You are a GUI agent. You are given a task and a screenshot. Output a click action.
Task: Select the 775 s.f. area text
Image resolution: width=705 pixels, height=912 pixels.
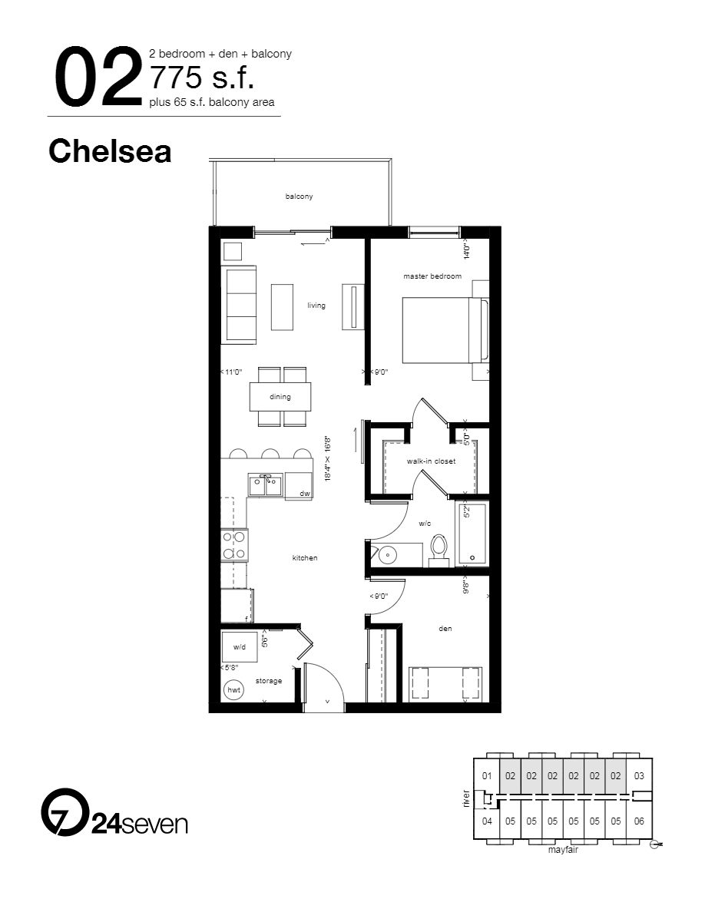click(x=202, y=78)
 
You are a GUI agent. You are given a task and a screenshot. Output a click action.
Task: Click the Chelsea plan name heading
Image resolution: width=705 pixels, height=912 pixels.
click(x=109, y=151)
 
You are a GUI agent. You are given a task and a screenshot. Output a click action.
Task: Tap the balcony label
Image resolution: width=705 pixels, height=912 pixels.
click(x=299, y=197)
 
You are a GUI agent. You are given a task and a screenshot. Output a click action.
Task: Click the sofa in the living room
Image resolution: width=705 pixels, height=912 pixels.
click(x=239, y=305)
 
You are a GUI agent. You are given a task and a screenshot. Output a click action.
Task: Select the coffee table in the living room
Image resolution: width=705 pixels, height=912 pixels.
click(x=282, y=306)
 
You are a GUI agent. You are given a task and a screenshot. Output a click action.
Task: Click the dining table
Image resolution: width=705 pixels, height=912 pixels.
click(x=280, y=397)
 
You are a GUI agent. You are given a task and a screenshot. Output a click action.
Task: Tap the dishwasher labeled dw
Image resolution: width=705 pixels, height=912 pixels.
click(x=300, y=487)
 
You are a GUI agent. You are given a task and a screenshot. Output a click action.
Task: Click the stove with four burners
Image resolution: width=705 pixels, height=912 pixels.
click(x=234, y=544)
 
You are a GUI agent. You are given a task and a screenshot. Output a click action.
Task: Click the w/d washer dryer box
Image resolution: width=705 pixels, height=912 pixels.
click(x=239, y=646)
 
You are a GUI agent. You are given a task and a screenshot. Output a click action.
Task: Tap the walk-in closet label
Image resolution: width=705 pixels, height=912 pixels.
click(x=431, y=461)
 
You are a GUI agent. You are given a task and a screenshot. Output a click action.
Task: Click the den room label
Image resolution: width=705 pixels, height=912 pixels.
click(x=445, y=629)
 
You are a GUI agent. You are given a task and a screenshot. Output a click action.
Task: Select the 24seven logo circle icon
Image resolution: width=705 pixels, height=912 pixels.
click(x=64, y=811)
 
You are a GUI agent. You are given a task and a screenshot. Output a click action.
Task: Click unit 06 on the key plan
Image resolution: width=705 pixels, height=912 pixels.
click(x=639, y=821)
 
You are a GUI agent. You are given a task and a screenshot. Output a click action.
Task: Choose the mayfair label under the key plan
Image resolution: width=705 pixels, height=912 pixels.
click(x=562, y=851)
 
